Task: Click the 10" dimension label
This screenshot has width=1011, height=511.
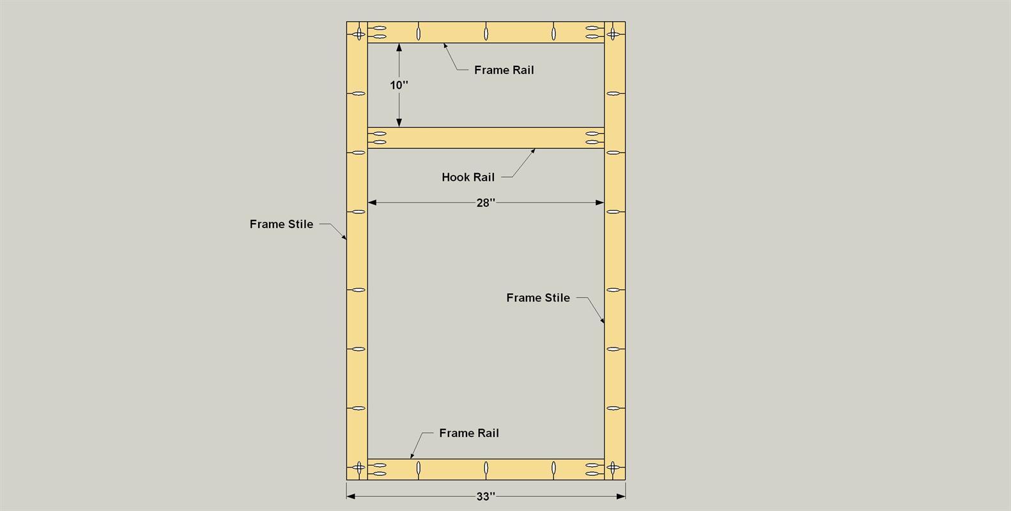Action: point(399,85)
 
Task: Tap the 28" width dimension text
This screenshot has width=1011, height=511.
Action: point(486,203)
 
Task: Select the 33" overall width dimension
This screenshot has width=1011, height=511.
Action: point(486,496)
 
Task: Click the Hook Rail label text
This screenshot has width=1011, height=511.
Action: point(468,178)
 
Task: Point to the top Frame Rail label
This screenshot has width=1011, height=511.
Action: point(504,70)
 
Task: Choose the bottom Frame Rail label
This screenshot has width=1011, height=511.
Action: point(468,433)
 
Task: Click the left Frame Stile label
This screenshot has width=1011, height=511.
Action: point(281,224)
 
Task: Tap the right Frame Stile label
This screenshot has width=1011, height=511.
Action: point(537,298)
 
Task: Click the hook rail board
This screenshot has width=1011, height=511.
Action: point(486,138)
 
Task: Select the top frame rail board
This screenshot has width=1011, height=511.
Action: point(454,32)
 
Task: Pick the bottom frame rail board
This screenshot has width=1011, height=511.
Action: point(454,469)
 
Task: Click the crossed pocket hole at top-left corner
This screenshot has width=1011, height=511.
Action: point(359,32)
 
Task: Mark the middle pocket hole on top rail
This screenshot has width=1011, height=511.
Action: point(486,32)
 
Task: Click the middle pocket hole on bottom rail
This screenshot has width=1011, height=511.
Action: point(486,469)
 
